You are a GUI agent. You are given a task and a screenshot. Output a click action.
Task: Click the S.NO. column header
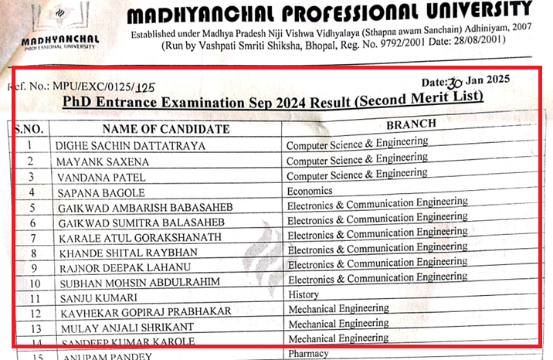coord(32,129)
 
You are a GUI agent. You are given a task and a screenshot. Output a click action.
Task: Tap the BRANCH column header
coord(411,124)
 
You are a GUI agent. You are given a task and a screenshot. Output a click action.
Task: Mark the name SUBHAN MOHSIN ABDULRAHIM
coord(138,282)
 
